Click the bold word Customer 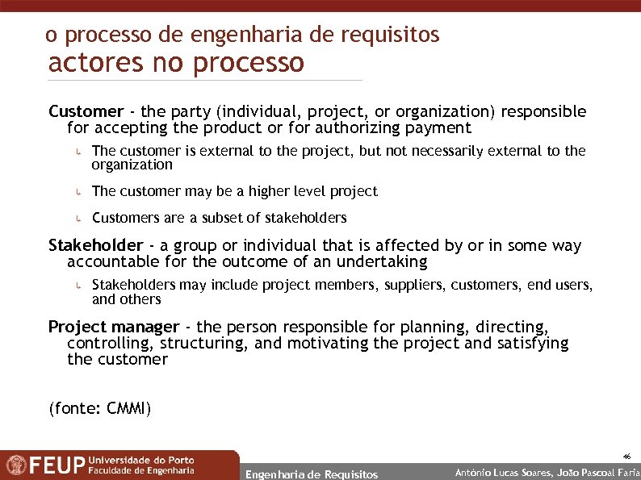click(x=86, y=111)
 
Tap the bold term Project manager click(x=114, y=327)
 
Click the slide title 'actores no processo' click(x=176, y=62)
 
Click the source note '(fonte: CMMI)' click(x=100, y=408)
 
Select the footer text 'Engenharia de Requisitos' click(x=311, y=474)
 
